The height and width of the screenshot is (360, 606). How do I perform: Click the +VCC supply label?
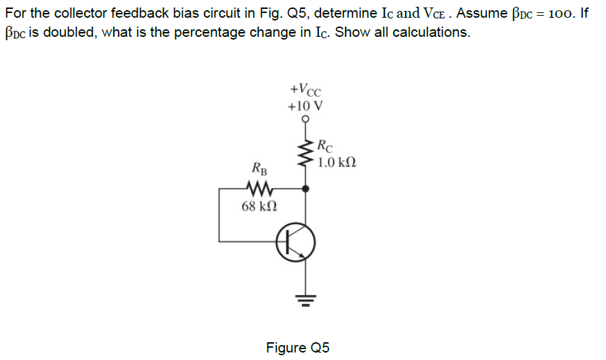coord(305,90)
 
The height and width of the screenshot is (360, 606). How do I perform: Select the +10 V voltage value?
coord(305,106)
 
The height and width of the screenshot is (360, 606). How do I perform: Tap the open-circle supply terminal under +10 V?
coord(305,119)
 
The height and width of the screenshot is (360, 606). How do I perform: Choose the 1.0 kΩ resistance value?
coord(336,163)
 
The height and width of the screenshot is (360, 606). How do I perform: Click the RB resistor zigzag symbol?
coord(259,188)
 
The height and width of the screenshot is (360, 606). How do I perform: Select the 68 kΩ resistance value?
coord(259,206)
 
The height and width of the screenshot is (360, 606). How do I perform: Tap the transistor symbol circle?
coord(296,241)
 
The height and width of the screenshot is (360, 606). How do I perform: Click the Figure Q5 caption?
coord(298,348)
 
